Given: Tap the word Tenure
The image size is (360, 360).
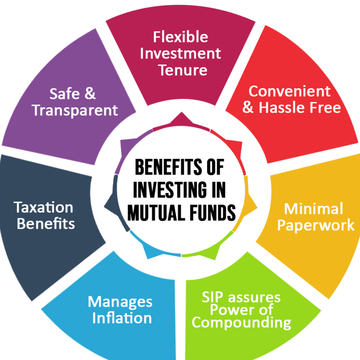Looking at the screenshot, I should pyautogui.click(x=182, y=70).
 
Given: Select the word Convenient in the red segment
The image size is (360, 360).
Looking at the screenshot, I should pyautogui.click(x=289, y=91).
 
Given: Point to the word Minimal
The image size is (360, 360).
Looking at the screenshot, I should pyautogui.click(x=313, y=209).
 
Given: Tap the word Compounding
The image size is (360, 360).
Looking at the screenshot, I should pyautogui.click(x=241, y=322).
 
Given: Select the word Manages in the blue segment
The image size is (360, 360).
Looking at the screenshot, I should pyautogui.click(x=120, y=302).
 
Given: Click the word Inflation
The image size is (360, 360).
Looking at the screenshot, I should pyautogui.click(x=122, y=318).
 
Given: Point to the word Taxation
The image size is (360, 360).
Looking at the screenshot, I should pyautogui.click(x=44, y=207).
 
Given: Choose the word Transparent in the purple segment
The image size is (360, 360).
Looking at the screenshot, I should pyautogui.click(x=75, y=110).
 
